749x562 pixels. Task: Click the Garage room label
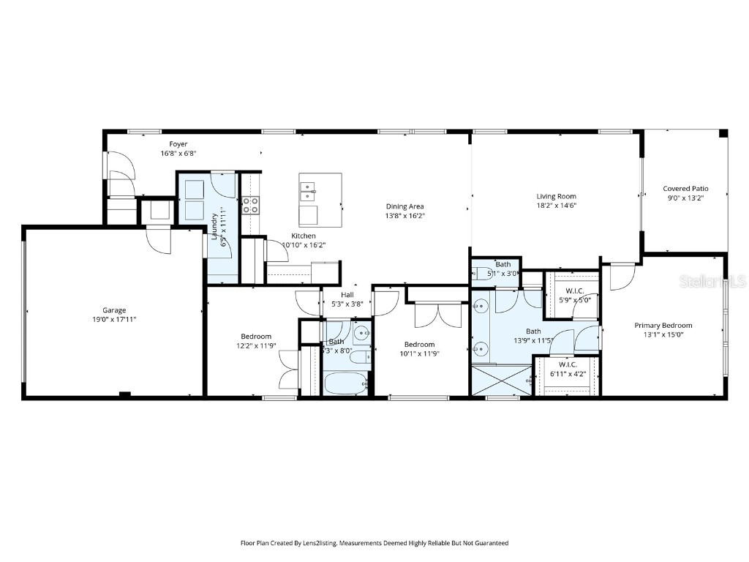click(x=114, y=310)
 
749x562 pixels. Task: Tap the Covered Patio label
click(x=685, y=189)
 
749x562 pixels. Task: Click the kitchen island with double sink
click(x=320, y=200)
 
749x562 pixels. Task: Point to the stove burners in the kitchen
click(x=251, y=205)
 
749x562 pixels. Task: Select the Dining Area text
click(x=405, y=206)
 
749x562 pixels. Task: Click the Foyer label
click(x=178, y=144)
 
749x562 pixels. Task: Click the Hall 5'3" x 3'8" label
click(x=347, y=295)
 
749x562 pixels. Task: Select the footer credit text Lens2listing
click(x=374, y=543)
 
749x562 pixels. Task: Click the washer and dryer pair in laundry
click(x=195, y=200)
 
